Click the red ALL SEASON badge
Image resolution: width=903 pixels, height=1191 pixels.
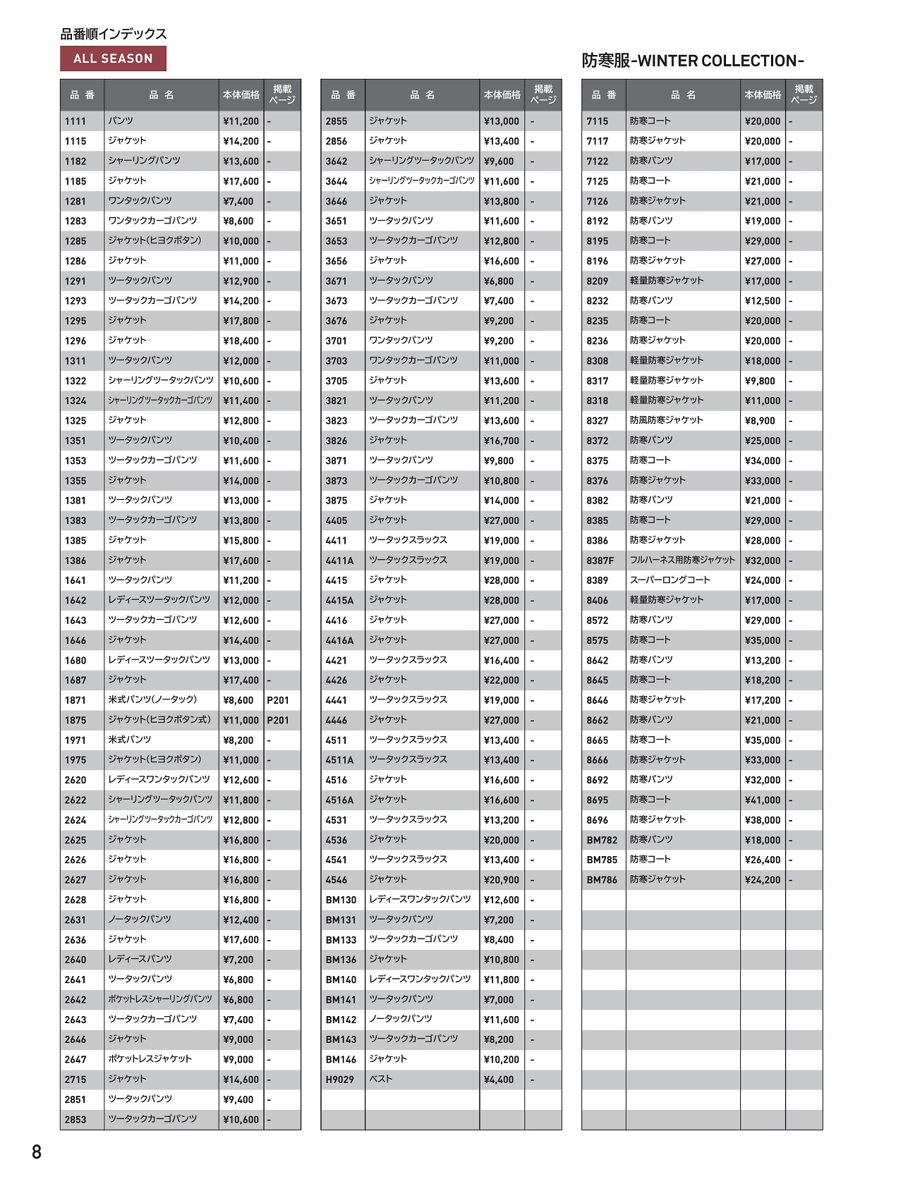(113, 59)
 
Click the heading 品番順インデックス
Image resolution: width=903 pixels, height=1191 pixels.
(114, 34)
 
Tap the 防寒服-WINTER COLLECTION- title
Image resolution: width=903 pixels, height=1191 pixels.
(692, 61)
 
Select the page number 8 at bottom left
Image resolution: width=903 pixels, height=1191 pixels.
(37, 1152)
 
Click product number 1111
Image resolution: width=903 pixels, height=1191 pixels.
(75, 121)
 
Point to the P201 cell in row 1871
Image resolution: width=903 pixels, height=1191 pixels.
(278, 700)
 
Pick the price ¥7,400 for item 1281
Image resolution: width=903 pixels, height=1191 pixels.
(238, 201)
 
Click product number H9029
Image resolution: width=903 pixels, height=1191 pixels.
(340, 1080)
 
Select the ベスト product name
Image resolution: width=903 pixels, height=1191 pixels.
(381, 1079)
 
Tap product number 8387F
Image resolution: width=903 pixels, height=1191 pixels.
(600, 561)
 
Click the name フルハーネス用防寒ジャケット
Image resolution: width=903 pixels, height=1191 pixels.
(682, 560)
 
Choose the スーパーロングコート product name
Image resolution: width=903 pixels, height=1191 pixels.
(669, 580)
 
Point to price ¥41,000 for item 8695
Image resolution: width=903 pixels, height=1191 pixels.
(763, 800)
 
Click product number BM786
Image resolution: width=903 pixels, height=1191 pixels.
(602, 880)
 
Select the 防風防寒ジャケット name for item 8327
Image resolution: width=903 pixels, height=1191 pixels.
(666, 420)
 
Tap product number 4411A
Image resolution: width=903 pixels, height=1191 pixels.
(339, 561)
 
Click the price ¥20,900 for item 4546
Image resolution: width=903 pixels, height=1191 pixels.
(502, 880)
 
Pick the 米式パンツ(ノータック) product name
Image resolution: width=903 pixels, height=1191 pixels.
(152, 700)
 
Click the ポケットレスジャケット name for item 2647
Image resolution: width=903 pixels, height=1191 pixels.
(150, 1059)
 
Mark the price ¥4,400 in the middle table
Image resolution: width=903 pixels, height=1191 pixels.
(499, 1080)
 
